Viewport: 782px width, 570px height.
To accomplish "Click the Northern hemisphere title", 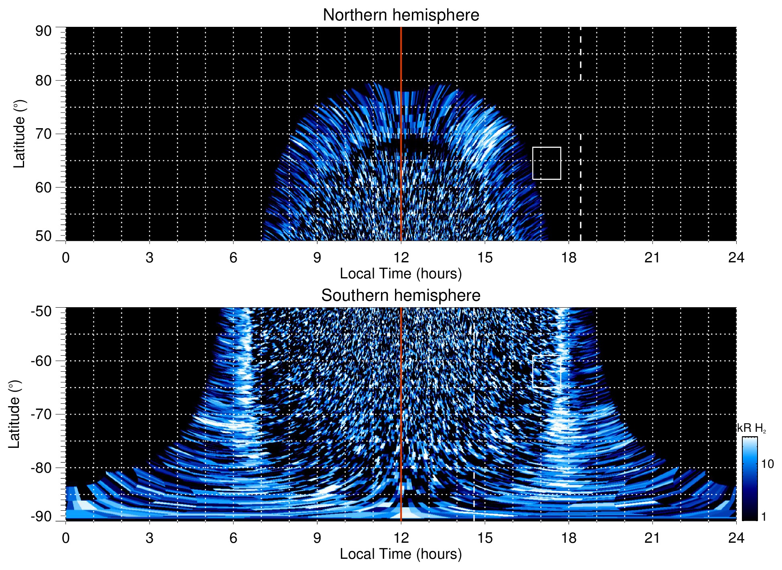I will coord(401,15).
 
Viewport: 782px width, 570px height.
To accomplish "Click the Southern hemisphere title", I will coord(401,296).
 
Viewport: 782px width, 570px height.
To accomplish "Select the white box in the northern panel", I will coord(547,163).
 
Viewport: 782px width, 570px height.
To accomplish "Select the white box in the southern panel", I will coord(546,371).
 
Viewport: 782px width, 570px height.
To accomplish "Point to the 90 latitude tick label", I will coord(43,31).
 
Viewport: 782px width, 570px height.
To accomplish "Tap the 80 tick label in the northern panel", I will coord(43,81).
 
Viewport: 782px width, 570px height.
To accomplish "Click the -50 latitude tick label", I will coord(41,311).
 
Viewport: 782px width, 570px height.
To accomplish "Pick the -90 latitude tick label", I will coord(41,517).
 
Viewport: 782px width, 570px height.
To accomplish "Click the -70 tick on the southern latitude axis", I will coord(41,414).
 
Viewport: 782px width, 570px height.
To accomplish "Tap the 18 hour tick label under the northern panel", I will coord(569,258).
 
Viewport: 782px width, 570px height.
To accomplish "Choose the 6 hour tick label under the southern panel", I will coord(233,538).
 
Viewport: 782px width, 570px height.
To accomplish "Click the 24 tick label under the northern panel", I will coord(736,258).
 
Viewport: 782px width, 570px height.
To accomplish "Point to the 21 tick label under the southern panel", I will coord(652,538).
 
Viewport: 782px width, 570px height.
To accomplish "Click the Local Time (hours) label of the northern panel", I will coord(401,274).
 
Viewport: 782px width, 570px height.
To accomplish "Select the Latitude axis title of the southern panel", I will coord(14,414).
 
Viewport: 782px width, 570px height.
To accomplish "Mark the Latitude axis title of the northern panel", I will coord(19,134).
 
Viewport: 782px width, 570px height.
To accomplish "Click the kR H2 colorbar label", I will coord(752,428).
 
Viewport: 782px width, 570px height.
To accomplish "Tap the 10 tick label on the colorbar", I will coord(767,464).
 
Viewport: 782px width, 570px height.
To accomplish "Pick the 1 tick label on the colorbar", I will coord(764,517).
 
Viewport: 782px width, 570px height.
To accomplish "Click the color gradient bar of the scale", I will coord(749,479).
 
